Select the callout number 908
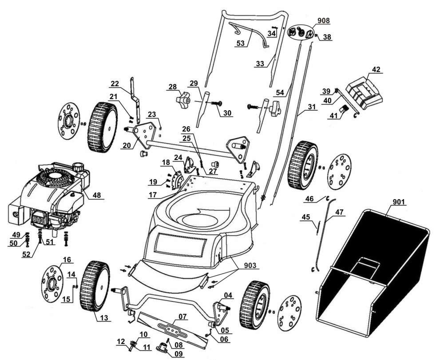pos(324,21)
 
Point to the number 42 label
pos(376,70)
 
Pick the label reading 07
pos(182,317)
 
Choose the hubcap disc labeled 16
pos(54,282)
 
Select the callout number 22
pos(115,84)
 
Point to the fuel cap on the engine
pos(78,167)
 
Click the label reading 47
pos(340,212)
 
